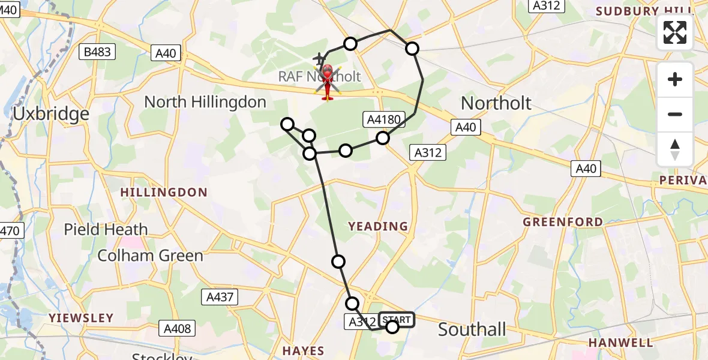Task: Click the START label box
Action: coord(397,320)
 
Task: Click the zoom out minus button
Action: coord(675,114)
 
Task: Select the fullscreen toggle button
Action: coord(675,32)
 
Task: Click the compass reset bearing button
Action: coord(675,149)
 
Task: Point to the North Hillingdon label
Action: coord(205,102)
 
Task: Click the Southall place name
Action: coord(472,329)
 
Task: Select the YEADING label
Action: coord(378,226)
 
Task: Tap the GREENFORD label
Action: coord(563,222)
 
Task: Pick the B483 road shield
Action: coord(97,52)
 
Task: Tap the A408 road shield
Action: coord(178,328)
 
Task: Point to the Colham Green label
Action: coord(151,256)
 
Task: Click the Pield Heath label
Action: coord(106,229)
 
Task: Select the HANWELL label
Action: coord(620,343)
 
